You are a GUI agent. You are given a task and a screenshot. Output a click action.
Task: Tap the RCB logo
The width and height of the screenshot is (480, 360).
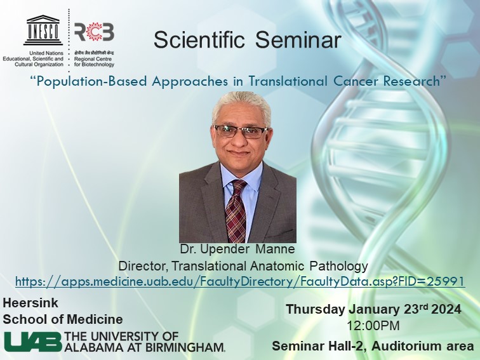tap(94, 32)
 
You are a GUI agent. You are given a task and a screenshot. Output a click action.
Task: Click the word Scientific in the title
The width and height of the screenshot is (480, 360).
tap(199, 40)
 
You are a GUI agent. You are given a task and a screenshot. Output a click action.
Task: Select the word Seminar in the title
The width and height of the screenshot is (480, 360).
tap(298, 40)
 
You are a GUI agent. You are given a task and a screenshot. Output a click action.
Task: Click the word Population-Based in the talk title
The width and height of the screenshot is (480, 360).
tap(93, 82)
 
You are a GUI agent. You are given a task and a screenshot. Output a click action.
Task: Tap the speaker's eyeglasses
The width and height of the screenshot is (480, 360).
tap(241, 131)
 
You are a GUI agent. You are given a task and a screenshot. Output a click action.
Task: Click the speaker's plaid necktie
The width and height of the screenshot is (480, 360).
tap(236, 210)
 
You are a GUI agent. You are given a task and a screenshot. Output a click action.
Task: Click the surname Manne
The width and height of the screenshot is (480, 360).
tap(275, 249)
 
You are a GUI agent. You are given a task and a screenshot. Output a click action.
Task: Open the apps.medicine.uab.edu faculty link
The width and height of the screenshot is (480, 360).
tap(240, 281)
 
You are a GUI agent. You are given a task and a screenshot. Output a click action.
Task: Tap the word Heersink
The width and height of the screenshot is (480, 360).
tap(30, 303)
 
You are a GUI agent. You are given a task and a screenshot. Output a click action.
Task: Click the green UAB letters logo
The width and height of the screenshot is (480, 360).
tap(33, 342)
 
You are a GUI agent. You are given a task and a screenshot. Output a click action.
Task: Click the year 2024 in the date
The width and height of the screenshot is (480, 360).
tap(446, 309)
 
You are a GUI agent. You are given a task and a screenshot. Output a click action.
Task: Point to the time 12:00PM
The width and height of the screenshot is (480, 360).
tap(373, 326)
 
